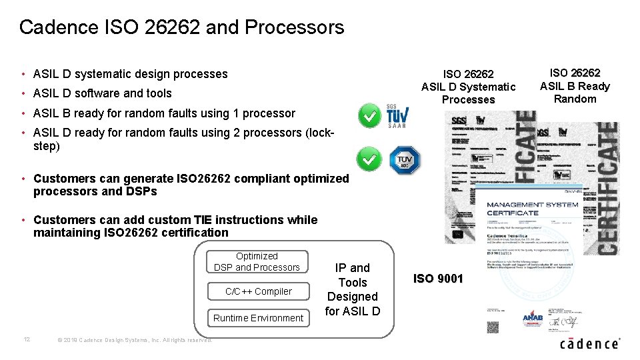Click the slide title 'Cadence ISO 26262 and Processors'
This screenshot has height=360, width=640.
point(181,27)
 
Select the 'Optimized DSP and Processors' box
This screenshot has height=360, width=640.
point(257,261)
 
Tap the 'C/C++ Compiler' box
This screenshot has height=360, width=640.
point(258,291)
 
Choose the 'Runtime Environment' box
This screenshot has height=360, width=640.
point(258,318)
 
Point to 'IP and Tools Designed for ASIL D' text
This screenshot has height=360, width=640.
point(353,289)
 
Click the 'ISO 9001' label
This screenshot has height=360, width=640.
point(438,279)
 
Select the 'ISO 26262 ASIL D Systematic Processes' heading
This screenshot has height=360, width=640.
point(468,87)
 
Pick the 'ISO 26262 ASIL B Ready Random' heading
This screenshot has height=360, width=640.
point(575,85)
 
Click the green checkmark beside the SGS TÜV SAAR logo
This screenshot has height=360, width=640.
point(369,116)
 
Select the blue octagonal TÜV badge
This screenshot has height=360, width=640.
point(405,159)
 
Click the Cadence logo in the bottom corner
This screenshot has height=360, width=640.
point(589,343)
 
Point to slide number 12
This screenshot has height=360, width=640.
point(27,339)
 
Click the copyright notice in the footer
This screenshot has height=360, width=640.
point(135,340)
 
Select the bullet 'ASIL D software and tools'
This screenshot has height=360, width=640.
point(102,93)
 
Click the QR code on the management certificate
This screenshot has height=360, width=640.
point(493,327)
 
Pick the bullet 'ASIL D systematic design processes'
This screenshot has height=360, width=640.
point(130,74)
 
